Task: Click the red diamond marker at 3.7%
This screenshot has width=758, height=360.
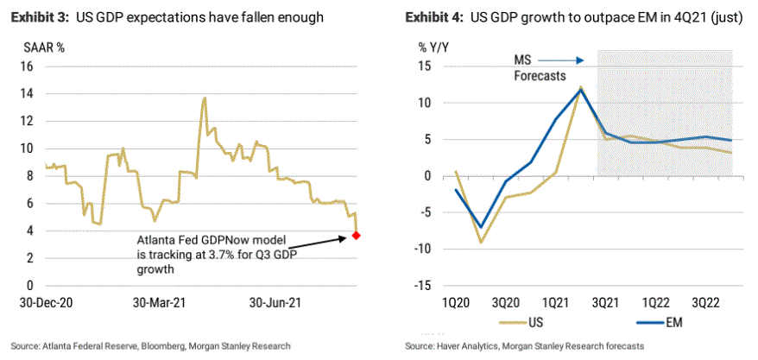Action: [356, 235]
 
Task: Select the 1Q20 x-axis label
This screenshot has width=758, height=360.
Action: [456, 303]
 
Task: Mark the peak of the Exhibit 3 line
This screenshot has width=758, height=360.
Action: [205, 98]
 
